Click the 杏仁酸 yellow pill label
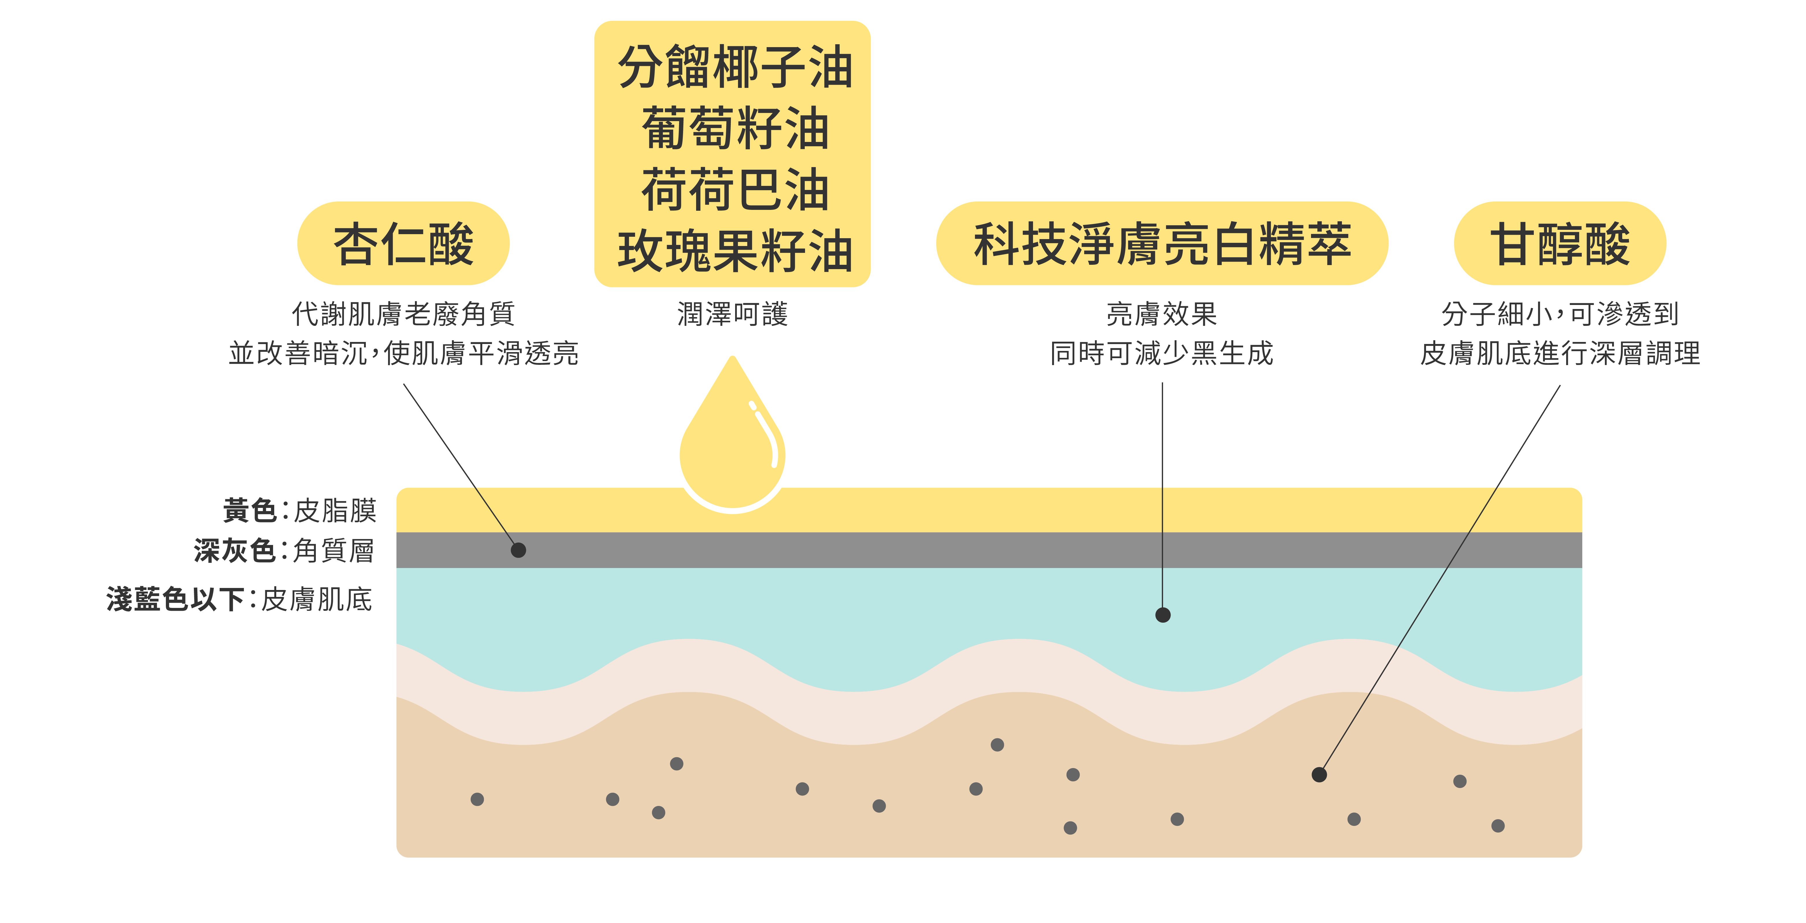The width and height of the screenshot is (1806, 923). (x=403, y=244)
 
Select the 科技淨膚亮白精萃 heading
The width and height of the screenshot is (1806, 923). (x=1162, y=244)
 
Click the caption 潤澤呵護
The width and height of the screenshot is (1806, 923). (x=733, y=314)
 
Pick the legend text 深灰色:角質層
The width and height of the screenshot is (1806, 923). (x=284, y=551)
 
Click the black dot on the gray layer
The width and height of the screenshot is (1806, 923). (x=518, y=550)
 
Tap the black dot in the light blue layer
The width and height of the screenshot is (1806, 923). (x=1162, y=615)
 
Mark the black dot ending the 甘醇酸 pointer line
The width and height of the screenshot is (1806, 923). (x=1319, y=774)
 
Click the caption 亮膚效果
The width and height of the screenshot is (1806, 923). (x=1162, y=314)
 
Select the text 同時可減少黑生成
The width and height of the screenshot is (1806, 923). (x=1162, y=353)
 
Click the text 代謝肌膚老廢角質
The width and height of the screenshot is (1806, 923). (x=403, y=314)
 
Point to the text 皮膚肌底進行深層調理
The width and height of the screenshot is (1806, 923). (x=1560, y=353)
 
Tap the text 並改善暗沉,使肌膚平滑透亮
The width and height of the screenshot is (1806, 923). (x=403, y=353)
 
